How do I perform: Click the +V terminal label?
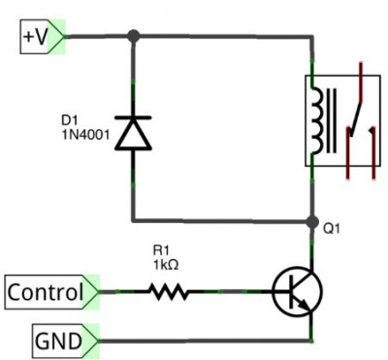pos(43,37)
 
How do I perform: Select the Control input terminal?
pos(51,292)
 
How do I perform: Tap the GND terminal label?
pos(66,341)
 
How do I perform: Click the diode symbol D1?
pos(133,133)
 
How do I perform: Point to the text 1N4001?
pos(85,135)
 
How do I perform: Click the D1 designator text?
pos(70,120)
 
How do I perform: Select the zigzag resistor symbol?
pos(168,292)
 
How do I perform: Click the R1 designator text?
pos(161,250)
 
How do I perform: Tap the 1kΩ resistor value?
pos(166,265)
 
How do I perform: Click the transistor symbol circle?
pos(297,292)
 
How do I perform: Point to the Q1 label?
pos(332,229)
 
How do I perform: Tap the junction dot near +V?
pos(134,36)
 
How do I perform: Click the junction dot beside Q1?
pos(312,222)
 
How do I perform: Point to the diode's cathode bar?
pos(133,117)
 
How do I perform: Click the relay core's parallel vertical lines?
pos(331,120)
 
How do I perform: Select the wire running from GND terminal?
pos(205,341)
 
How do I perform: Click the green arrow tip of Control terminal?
pos(98,292)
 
